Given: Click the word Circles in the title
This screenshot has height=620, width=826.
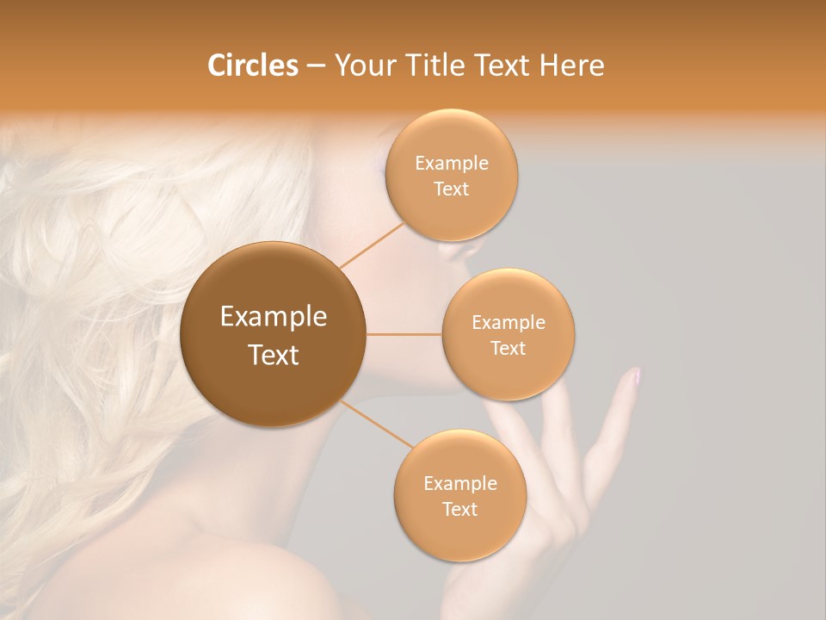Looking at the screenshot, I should click(252, 65).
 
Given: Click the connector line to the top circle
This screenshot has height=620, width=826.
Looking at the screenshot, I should click(372, 245).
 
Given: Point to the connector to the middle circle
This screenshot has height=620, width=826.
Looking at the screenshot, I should click(404, 334).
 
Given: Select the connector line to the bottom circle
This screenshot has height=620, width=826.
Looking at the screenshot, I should click(376, 425).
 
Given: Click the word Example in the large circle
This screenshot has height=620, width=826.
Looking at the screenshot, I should click(274, 317).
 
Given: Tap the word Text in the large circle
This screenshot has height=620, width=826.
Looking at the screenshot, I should click(274, 355).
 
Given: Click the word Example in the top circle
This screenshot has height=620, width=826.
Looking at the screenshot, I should click(452, 164).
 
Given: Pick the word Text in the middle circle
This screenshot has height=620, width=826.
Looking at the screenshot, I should click(508, 348).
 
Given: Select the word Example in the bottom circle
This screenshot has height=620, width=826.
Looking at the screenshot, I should click(460, 483).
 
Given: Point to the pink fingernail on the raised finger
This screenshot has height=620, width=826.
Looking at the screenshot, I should click(635, 375).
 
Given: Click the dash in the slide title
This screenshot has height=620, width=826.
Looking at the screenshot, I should click(316, 66).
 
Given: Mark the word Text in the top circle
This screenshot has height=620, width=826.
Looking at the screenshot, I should click(451, 189).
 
